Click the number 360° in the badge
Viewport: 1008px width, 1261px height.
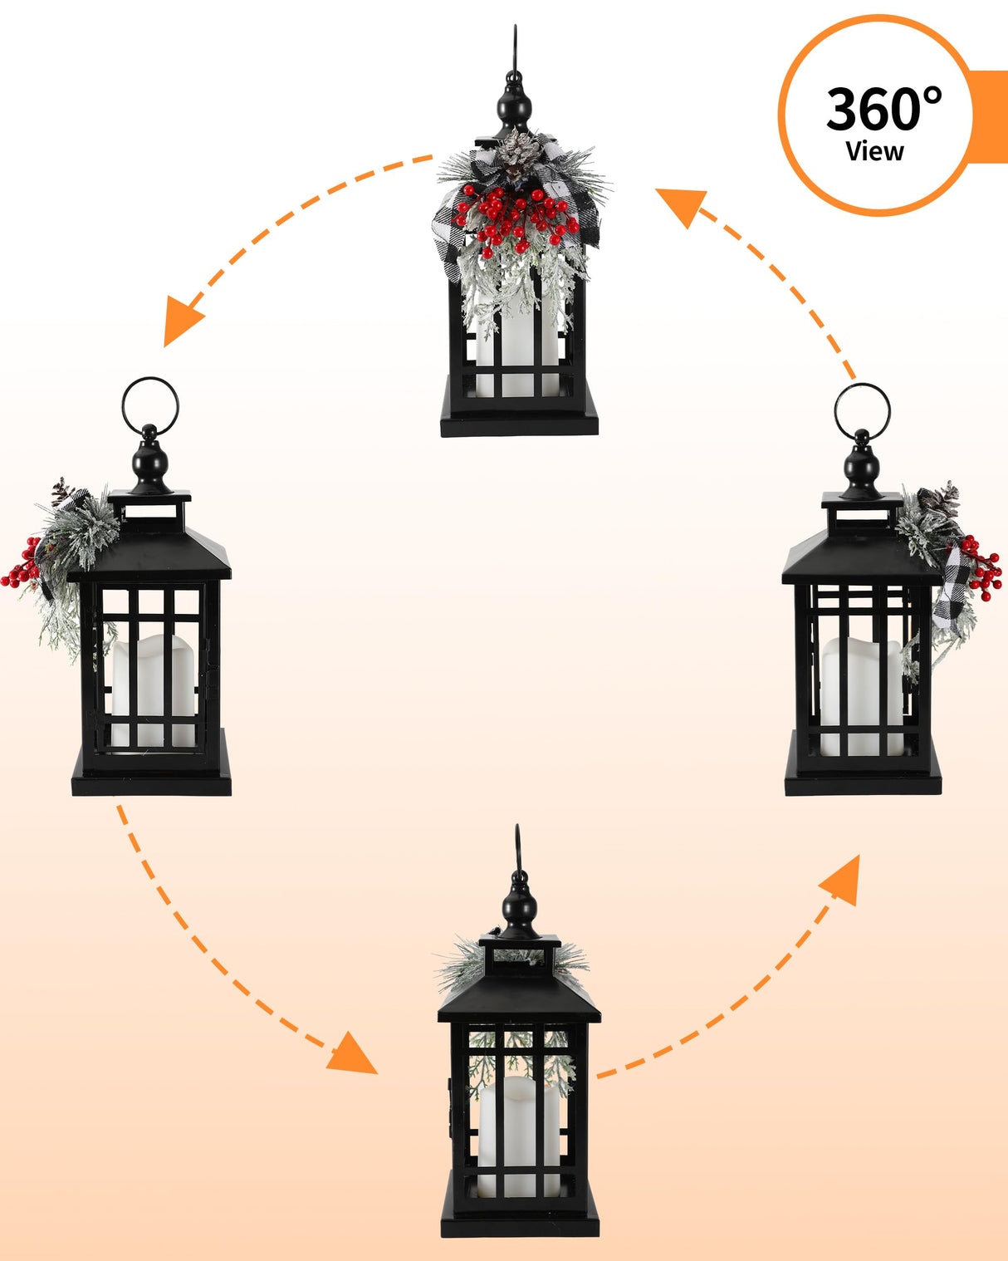pyautogui.click(x=883, y=109)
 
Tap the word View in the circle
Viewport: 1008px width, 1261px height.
pyautogui.click(x=874, y=151)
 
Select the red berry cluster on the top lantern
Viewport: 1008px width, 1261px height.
pyautogui.click(x=516, y=218)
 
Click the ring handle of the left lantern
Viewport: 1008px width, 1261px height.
pyautogui.click(x=150, y=405)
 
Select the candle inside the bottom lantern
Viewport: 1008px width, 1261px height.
pyautogui.click(x=519, y=1133)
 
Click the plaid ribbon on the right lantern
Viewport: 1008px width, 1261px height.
pyautogui.click(x=952, y=590)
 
